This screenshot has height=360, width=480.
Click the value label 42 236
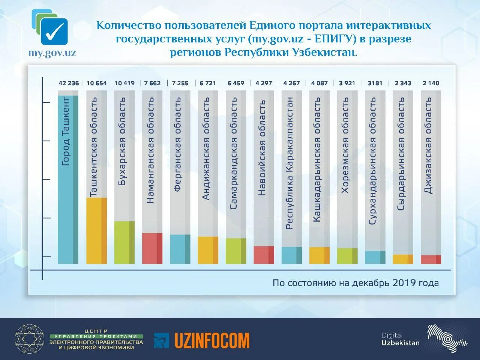[x=69, y=83]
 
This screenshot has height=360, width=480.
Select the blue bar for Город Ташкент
[x=68, y=180]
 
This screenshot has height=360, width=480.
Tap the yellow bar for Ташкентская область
[x=96, y=231]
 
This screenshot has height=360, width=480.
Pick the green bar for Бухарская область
[x=124, y=242]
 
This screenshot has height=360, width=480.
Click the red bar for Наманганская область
[x=152, y=248]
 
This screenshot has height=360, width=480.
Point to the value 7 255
[x=180, y=83]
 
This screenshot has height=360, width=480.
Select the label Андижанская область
[x=206, y=148]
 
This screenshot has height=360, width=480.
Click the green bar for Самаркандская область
[x=236, y=251]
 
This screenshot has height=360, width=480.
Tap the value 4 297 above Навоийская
[x=264, y=83]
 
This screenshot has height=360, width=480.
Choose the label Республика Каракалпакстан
[x=289, y=163]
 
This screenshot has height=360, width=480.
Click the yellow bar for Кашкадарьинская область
[x=319, y=255]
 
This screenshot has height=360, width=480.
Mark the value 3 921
[x=347, y=83]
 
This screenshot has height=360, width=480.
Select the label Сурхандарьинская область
[x=373, y=161]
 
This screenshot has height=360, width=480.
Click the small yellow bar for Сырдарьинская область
[x=403, y=259]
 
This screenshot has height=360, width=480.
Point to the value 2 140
[x=430, y=83]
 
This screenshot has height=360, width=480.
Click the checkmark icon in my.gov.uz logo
[x=54, y=32]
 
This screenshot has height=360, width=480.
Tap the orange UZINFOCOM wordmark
[x=212, y=340]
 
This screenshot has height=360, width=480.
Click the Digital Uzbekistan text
[x=400, y=339]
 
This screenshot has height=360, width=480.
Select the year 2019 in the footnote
[x=404, y=283]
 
